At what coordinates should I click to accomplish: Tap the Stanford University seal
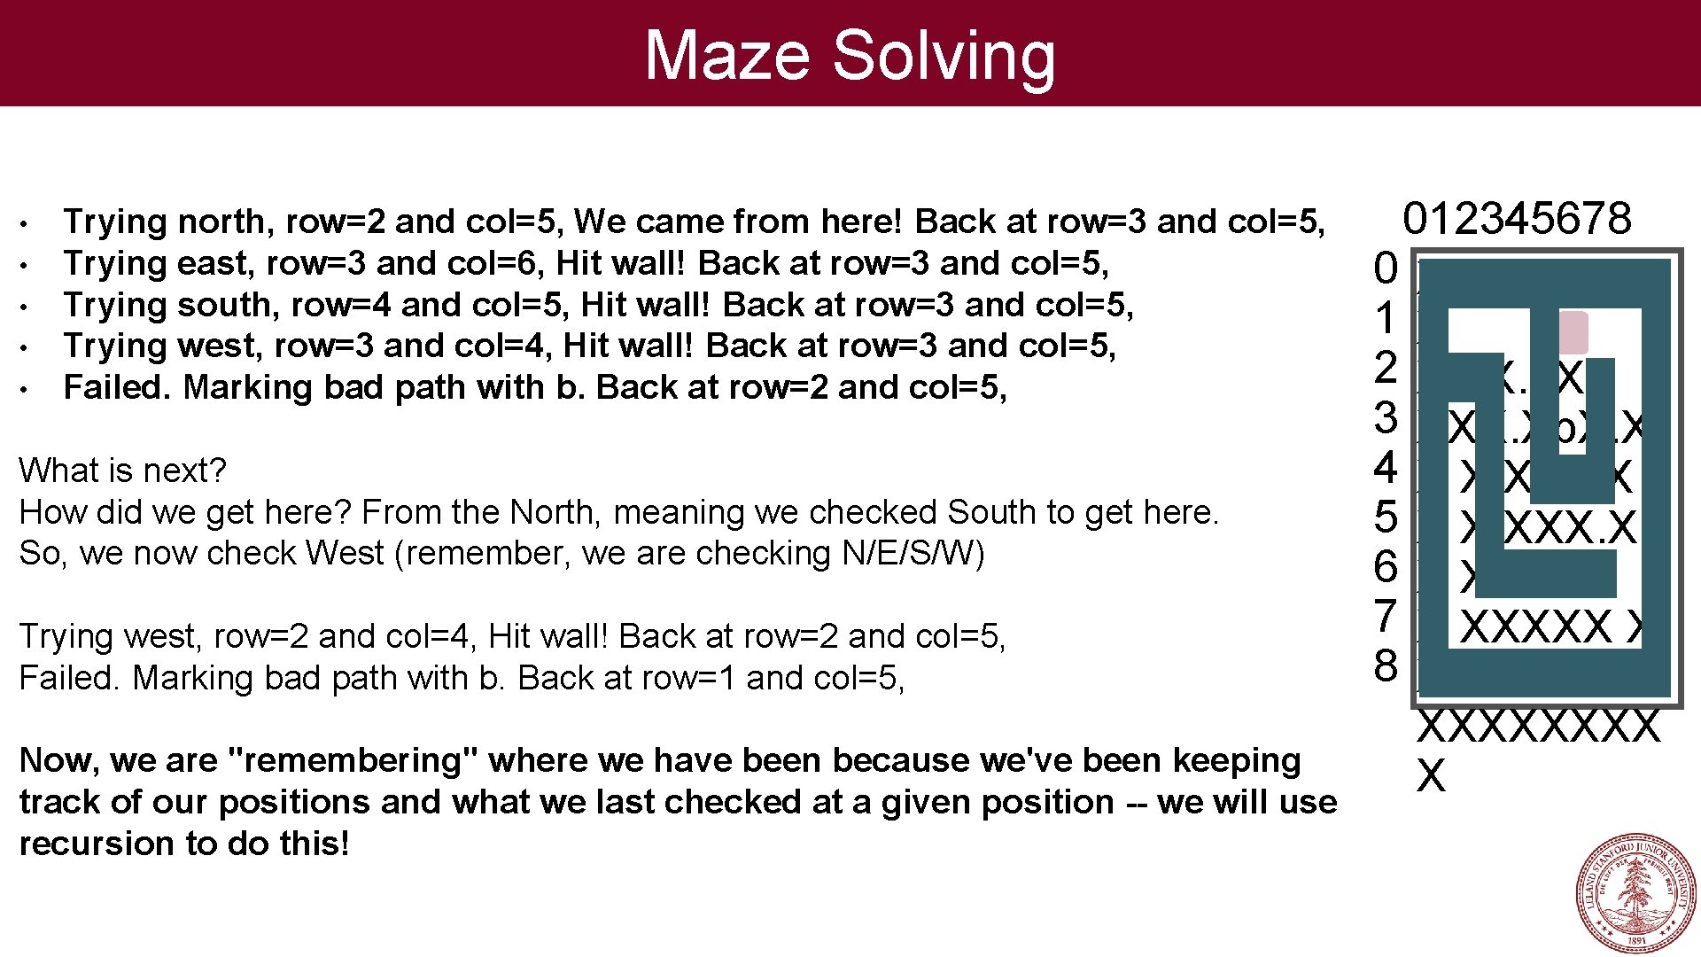pos(1635,893)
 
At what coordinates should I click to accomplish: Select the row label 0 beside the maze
pos(1386,268)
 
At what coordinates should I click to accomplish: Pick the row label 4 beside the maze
pos(1386,468)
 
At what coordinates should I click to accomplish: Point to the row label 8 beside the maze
pos(1386,665)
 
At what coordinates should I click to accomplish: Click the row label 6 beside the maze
pos(1386,567)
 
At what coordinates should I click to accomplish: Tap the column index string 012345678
pos(1517,218)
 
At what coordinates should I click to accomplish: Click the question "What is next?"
pos(122,471)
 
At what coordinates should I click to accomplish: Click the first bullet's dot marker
pos(28,222)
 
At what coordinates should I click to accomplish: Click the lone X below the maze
pos(1431,776)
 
